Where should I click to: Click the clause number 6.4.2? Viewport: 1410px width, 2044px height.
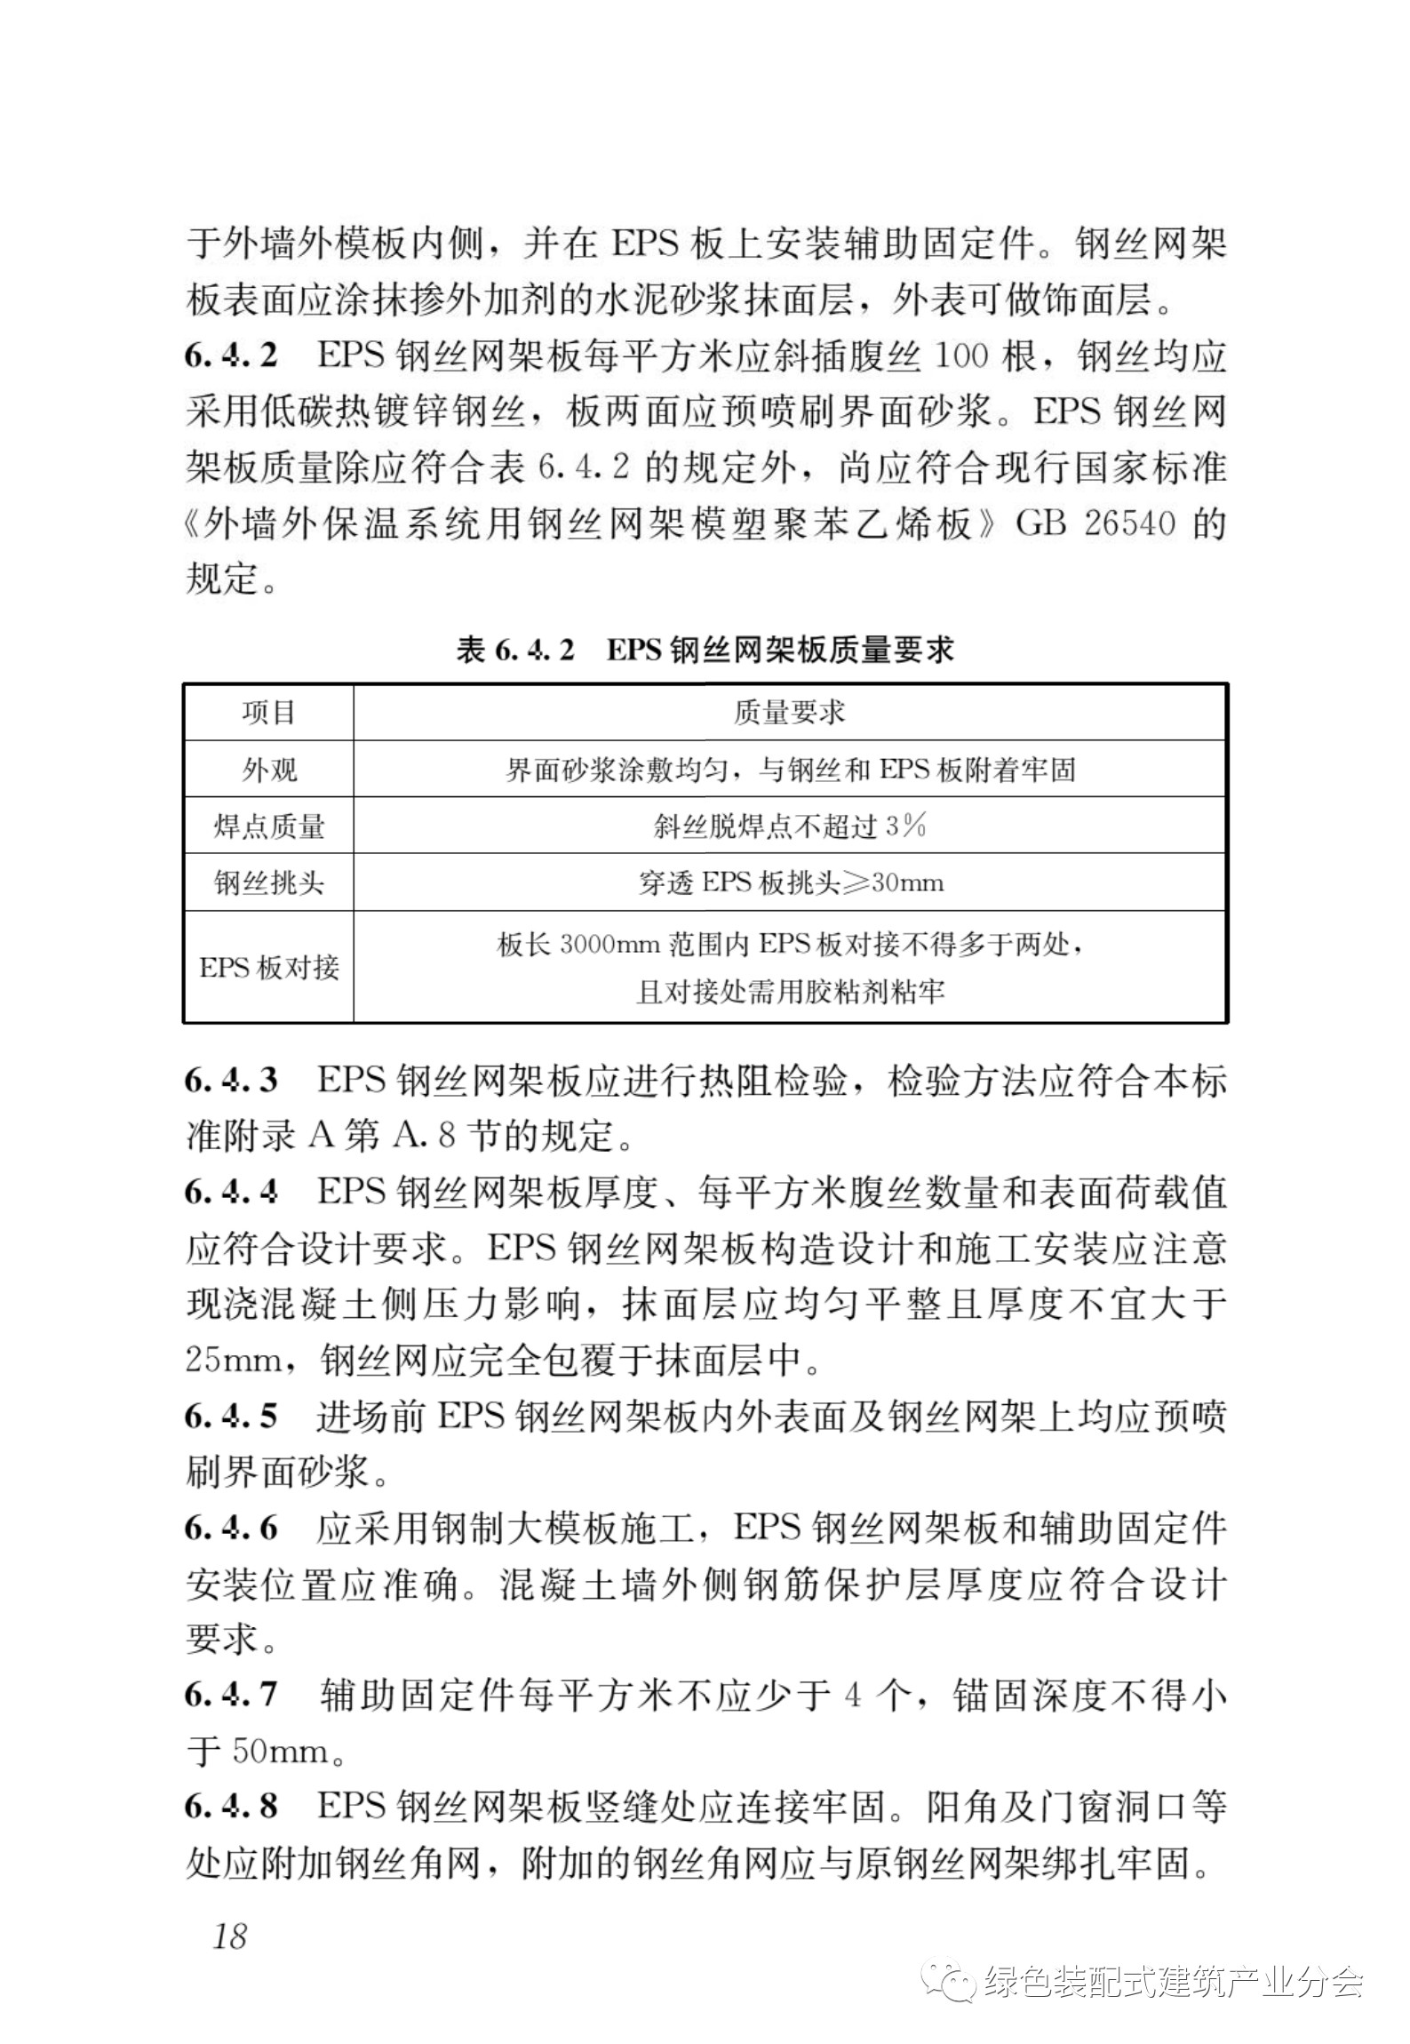[231, 357]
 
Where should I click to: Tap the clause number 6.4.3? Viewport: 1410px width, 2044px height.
[231, 1081]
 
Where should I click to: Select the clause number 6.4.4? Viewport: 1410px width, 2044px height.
[231, 1192]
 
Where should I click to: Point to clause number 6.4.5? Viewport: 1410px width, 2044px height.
[231, 1416]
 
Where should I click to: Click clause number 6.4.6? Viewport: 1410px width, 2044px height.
[231, 1529]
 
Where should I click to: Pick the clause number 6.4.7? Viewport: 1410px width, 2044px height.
[231, 1696]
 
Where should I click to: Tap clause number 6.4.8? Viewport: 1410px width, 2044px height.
[231, 1807]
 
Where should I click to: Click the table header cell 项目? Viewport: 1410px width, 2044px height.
[268, 713]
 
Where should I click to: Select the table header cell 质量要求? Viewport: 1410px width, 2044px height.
[789, 713]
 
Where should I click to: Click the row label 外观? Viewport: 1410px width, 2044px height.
[268, 770]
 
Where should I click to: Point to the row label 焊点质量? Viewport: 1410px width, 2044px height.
[268, 826]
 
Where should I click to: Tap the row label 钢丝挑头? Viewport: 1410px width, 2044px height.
[268, 883]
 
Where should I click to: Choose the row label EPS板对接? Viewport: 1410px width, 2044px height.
[268, 967]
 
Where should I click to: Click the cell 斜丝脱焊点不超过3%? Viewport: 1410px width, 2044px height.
[789, 826]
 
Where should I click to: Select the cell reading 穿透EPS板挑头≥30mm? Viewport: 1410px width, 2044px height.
[789, 883]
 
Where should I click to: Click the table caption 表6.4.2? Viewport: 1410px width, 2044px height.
[515, 651]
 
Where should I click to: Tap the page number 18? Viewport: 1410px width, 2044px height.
[229, 1936]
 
